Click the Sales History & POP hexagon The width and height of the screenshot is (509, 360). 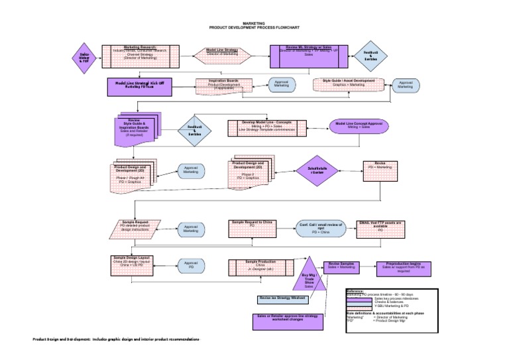[x=84, y=56]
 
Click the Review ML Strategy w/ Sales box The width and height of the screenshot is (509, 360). [x=309, y=56]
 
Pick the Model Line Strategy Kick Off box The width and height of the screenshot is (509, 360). [x=139, y=86]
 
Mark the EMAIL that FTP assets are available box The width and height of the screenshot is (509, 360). [x=381, y=229]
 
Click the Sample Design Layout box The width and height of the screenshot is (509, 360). [x=135, y=265]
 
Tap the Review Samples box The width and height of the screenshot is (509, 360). [x=343, y=267]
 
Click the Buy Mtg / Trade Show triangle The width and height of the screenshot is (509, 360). [x=309, y=277]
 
